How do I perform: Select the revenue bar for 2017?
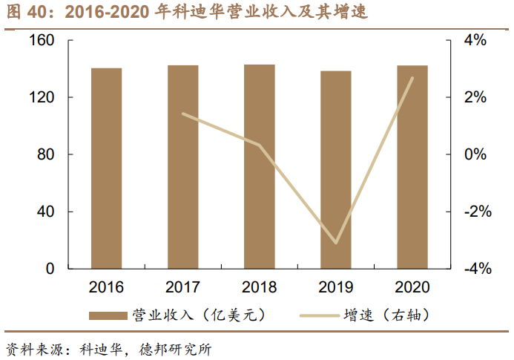[x=182, y=167]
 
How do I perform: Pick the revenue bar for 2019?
[x=336, y=170]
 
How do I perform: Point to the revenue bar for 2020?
[x=412, y=167]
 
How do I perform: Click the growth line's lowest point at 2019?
[x=336, y=243]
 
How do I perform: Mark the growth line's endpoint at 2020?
[x=412, y=78]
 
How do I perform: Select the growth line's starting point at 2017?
[x=182, y=114]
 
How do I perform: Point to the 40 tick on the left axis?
[x=45, y=212]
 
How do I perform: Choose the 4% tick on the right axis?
[x=475, y=40]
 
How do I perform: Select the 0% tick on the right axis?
[x=475, y=154]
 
